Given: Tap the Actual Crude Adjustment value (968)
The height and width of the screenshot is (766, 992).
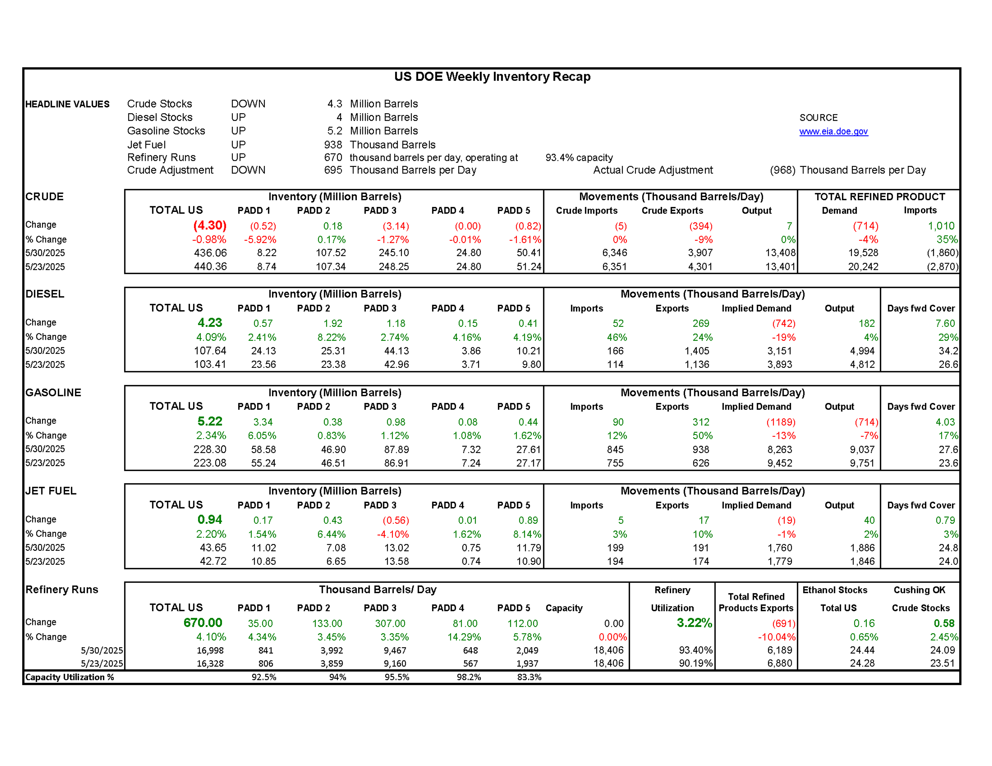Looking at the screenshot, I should pos(782,170).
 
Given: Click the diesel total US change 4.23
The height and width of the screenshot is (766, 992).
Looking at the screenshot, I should pos(210,323).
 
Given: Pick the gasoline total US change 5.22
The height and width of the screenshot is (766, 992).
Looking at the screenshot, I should pos(210,421).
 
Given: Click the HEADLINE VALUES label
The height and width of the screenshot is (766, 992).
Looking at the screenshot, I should pos(67,105).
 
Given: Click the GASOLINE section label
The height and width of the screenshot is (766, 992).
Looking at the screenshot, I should pos(53,393).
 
